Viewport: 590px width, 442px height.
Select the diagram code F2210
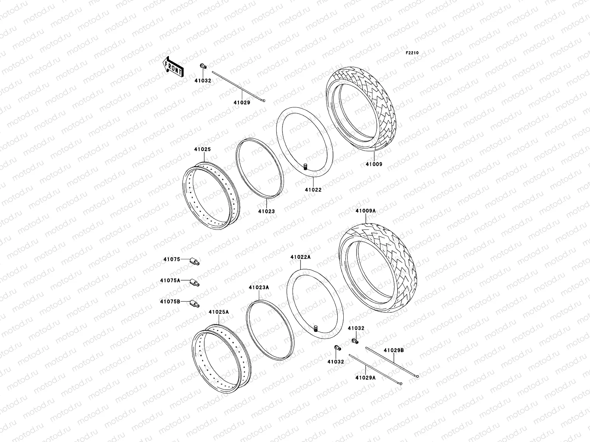[412, 53]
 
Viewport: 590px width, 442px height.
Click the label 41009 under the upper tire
[374, 164]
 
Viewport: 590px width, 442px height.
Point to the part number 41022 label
[313, 190]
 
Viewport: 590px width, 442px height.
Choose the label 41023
[266, 211]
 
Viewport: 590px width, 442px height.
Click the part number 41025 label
[202, 150]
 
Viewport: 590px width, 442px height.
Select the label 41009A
[365, 211]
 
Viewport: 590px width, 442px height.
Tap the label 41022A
[300, 257]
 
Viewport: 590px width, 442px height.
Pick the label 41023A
[259, 287]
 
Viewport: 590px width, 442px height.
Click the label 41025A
[219, 312]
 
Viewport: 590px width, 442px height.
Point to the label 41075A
[170, 280]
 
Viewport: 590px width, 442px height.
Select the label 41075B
[170, 301]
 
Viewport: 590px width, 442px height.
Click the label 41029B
[394, 350]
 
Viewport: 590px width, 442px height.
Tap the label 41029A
[365, 377]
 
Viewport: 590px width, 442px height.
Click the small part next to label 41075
[194, 261]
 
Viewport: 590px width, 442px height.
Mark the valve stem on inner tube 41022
[305, 167]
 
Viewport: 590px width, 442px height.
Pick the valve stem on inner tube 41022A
[316, 328]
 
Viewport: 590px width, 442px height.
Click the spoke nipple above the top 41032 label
[203, 66]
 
